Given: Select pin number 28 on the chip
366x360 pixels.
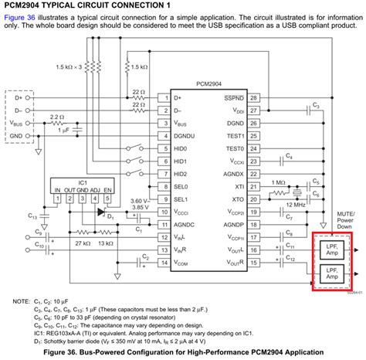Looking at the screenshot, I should click(252, 98).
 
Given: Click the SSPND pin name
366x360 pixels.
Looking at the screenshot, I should click(234, 98).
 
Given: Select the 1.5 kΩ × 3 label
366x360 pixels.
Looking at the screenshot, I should click(69, 68).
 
